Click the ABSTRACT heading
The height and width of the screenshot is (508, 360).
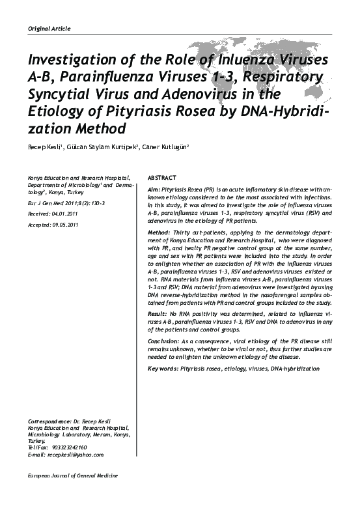pyautogui.click(x=162, y=178)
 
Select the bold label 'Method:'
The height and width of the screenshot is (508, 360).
pyautogui.click(x=160, y=233)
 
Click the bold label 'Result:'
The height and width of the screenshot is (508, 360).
pyautogui.click(x=158, y=315)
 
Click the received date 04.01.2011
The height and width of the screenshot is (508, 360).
pyautogui.click(x=64, y=213)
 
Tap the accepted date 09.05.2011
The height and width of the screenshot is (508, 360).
pyautogui.click(x=64, y=225)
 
